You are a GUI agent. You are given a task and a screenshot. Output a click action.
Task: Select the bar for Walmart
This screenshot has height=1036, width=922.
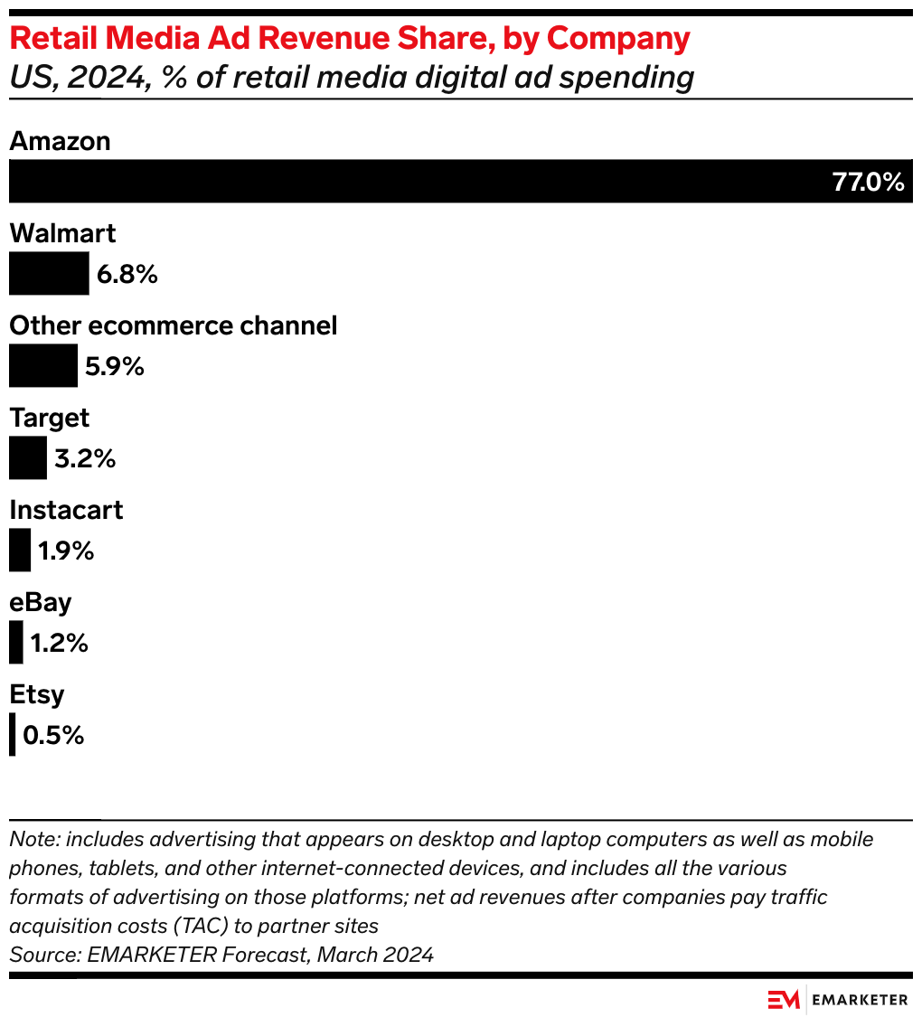[49, 273]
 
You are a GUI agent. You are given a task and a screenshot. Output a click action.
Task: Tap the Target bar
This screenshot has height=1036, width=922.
[27, 457]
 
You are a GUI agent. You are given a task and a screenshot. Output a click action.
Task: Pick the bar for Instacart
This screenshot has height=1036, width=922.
[20, 550]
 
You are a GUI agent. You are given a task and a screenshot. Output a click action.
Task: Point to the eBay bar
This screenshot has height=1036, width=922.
[16, 642]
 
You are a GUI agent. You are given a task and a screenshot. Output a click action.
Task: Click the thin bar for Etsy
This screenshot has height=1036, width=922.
[13, 734]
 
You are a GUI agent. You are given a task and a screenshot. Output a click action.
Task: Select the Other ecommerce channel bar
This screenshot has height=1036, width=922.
[43, 365]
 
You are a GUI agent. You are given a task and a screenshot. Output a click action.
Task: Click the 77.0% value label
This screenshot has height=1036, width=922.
[868, 183]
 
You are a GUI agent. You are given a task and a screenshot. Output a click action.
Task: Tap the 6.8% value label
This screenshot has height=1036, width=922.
[127, 274]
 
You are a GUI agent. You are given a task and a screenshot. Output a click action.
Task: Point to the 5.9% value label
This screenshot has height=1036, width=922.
[115, 366]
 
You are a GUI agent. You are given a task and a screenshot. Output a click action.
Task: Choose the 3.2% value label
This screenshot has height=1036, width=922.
[85, 458]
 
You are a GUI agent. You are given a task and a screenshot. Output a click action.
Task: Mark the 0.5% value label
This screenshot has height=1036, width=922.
[53, 735]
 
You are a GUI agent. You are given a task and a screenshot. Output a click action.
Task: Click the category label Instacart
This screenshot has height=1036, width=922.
[66, 510]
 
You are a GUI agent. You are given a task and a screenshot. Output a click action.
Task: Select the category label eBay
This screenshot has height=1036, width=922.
[40, 602]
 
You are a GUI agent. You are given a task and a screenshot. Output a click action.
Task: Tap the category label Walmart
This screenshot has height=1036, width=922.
[62, 233]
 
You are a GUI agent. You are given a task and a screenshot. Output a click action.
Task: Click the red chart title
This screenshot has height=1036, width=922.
[349, 39]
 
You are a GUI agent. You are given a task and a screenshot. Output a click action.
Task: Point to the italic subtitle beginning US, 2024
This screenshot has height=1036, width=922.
[351, 78]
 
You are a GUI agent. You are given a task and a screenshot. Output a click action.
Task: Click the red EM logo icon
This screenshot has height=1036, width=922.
[784, 999]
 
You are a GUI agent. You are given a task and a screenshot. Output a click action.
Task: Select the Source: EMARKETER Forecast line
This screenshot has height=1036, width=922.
[221, 954]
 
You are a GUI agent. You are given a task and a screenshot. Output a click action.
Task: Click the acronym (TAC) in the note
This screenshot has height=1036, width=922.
[185, 926]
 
